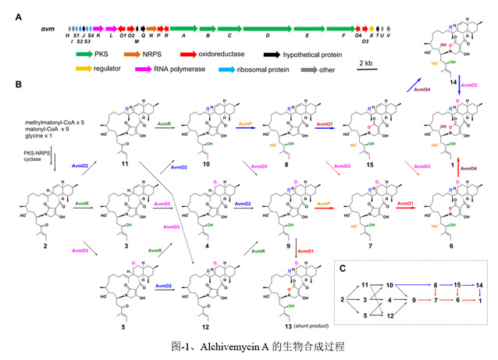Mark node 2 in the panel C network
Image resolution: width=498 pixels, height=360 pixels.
[343, 299]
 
